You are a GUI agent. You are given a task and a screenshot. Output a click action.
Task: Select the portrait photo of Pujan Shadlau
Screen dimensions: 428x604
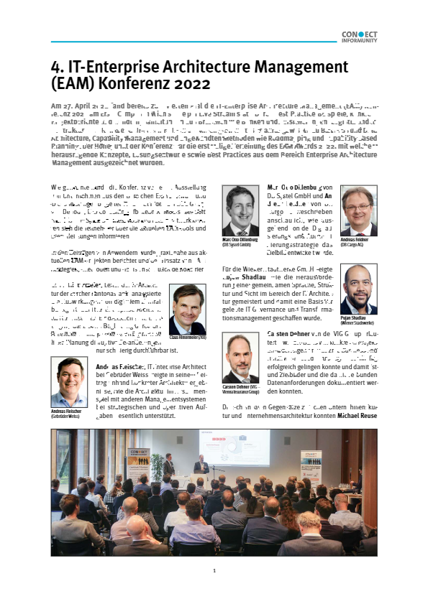[x=358, y=283]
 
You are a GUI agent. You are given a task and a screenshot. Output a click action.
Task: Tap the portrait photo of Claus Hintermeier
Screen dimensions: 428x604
[x=187, y=304]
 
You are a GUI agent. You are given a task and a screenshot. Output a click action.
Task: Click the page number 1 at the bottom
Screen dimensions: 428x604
[x=214, y=572]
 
